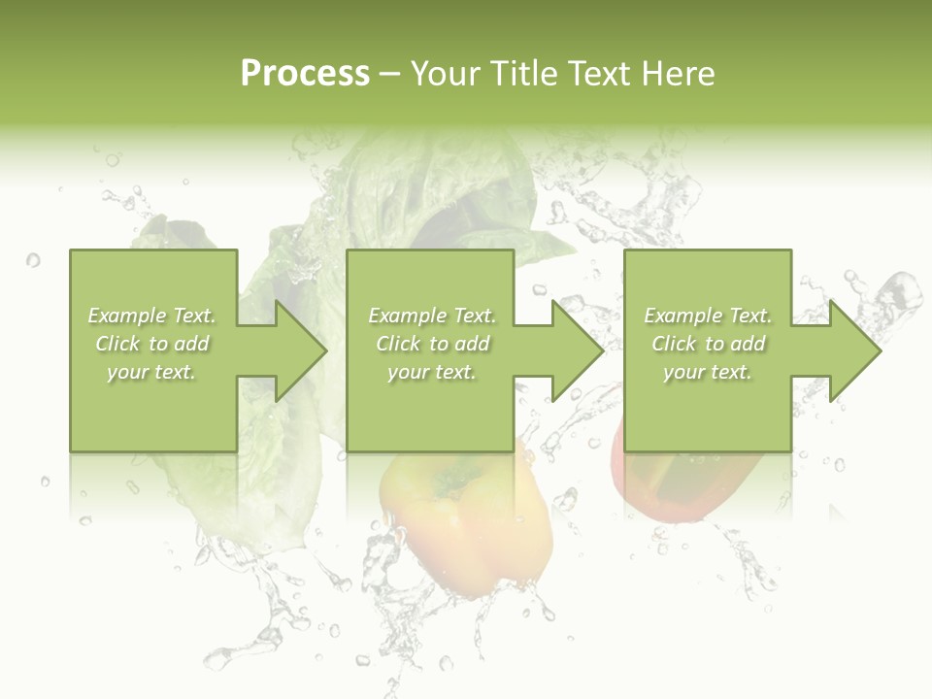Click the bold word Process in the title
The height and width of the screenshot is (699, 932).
click(305, 74)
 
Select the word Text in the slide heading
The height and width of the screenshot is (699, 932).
click(600, 74)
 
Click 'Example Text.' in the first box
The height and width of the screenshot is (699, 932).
click(152, 316)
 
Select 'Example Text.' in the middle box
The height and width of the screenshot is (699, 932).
click(432, 316)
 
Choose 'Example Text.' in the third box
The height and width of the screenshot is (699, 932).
click(708, 316)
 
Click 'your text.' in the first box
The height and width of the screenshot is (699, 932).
click(152, 372)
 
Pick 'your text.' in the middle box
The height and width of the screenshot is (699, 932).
click(432, 372)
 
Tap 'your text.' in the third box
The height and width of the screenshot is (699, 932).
click(708, 372)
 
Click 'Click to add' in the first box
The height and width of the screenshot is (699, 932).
click(152, 344)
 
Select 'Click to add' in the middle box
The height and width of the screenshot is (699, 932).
click(432, 344)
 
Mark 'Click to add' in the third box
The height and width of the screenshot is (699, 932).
click(708, 344)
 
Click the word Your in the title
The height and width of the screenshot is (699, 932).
click(445, 74)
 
